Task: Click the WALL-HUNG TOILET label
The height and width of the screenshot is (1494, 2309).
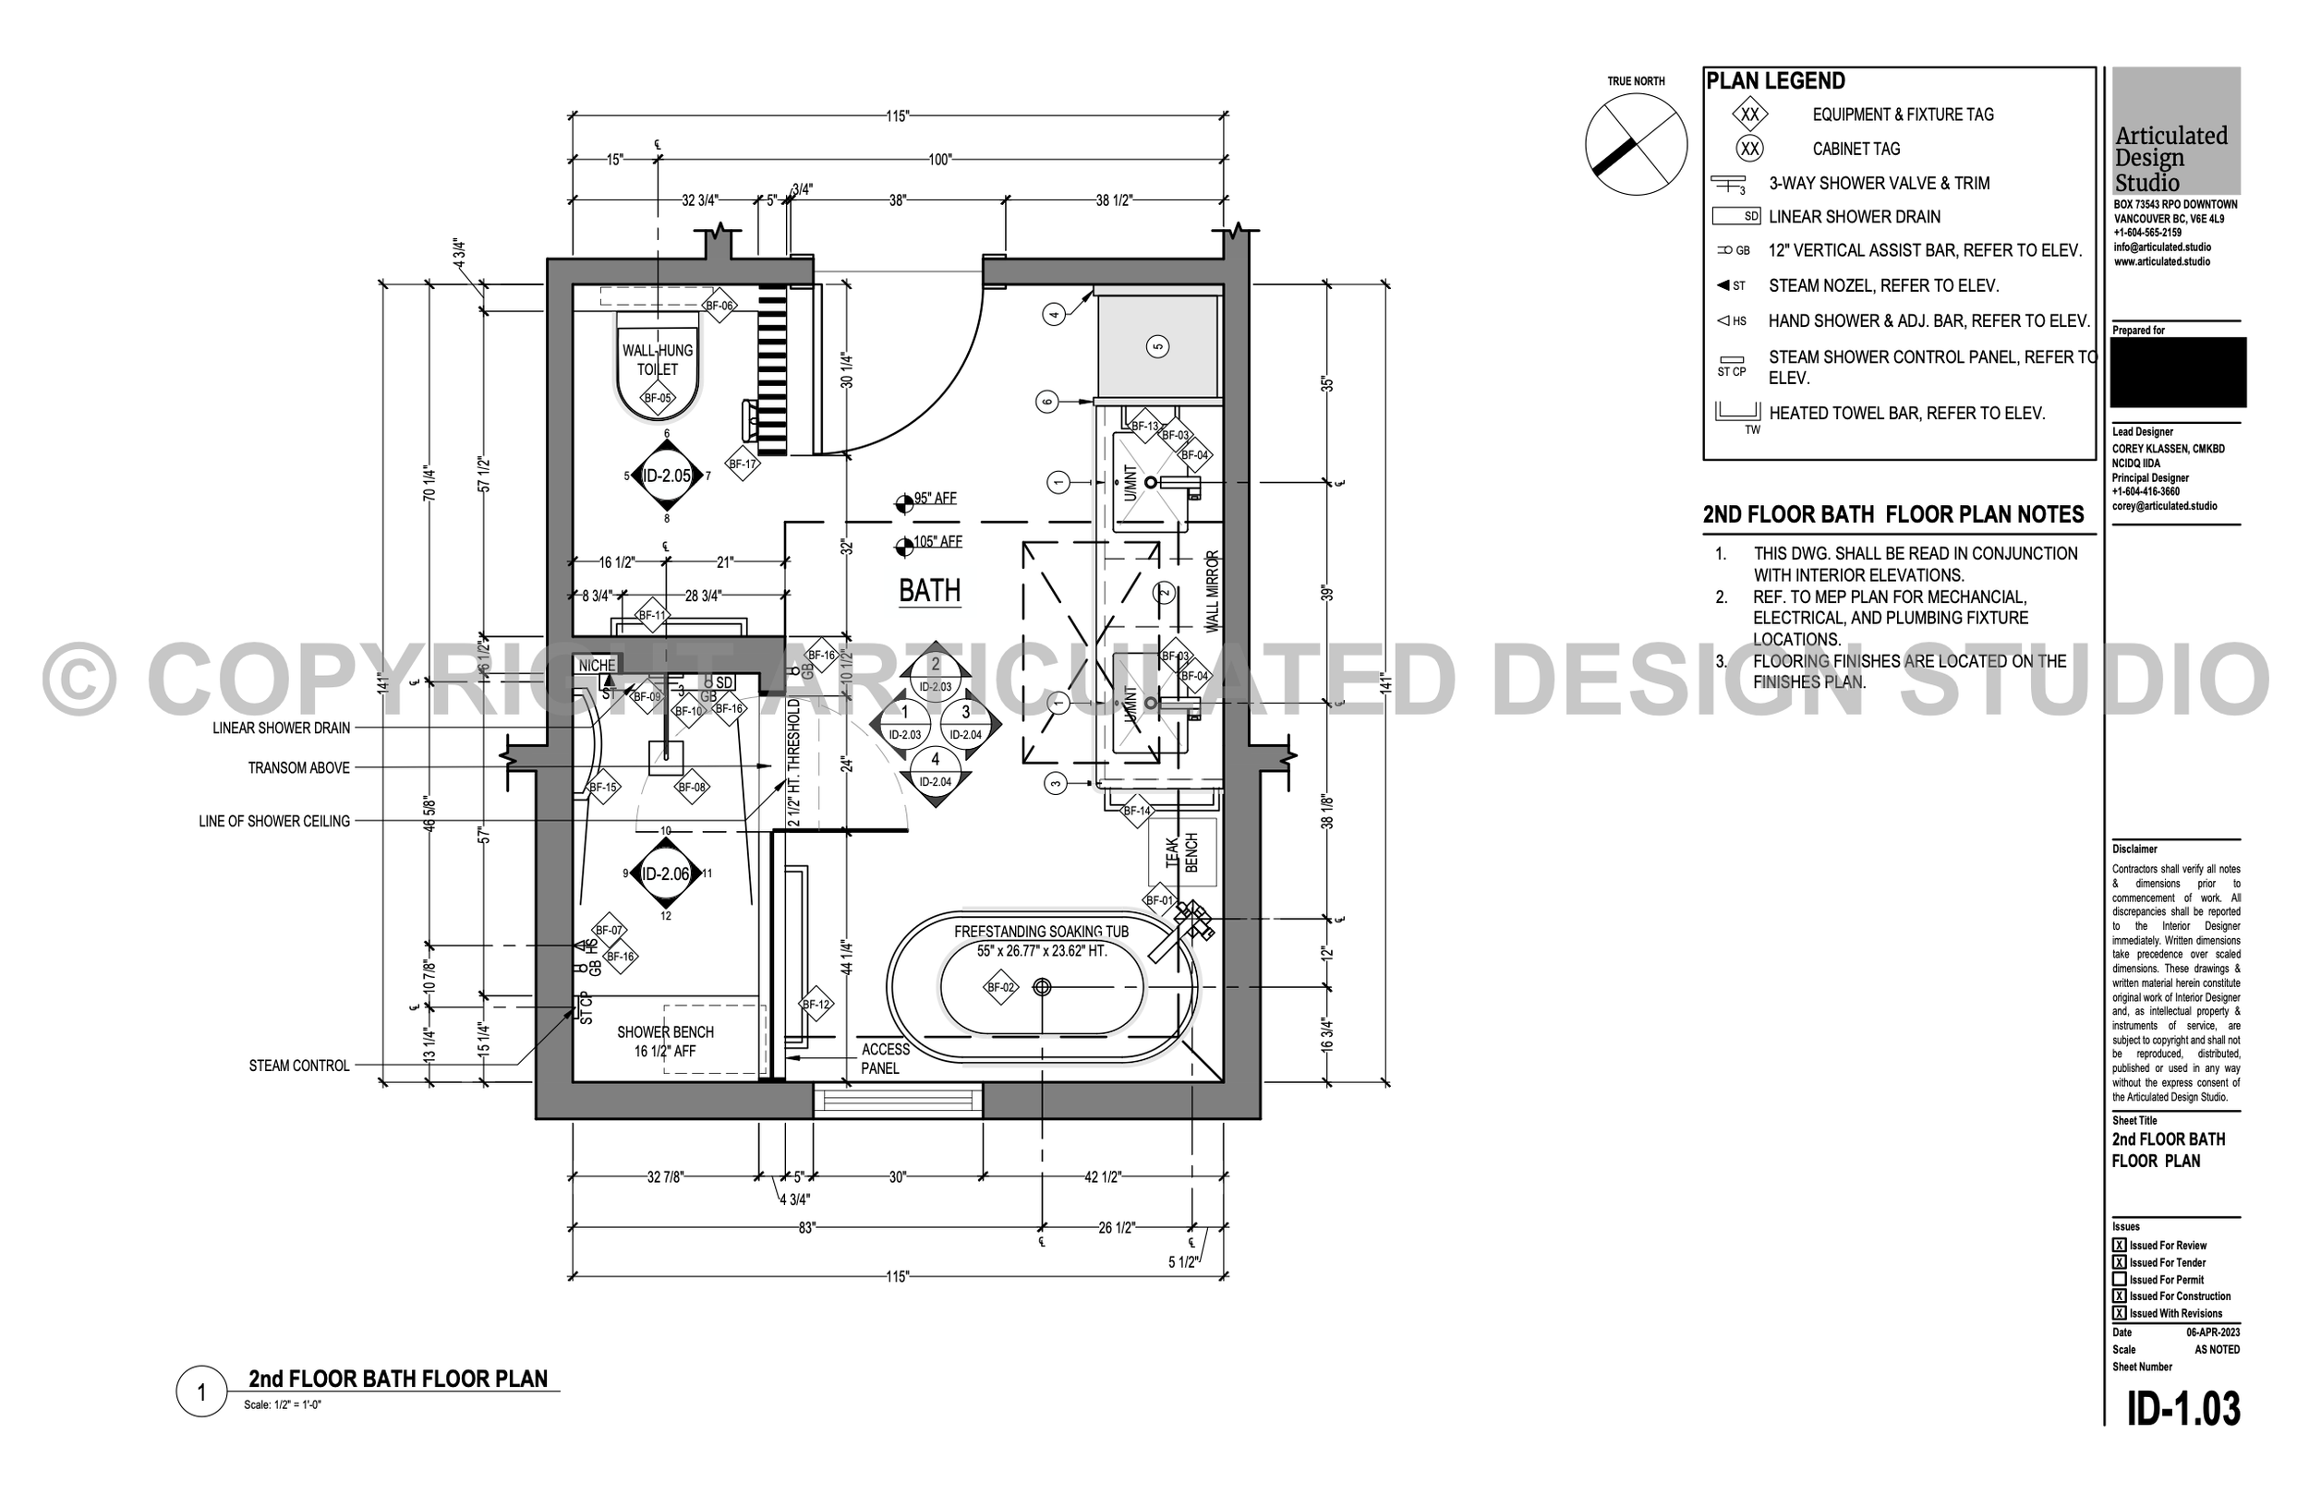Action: tap(658, 360)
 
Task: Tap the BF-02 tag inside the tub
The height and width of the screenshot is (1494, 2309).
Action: tap(1000, 988)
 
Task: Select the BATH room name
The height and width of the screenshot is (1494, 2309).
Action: tap(929, 591)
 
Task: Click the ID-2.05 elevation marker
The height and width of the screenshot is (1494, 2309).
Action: tap(667, 476)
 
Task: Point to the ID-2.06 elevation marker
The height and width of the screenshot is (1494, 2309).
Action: tap(666, 874)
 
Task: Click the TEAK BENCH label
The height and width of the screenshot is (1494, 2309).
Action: tap(1181, 853)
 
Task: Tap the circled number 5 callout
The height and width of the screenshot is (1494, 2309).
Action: tap(1156, 346)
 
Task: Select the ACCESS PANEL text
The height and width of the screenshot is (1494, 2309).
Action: tap(885, 1058)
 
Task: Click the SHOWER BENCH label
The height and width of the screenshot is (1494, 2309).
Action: tap(666, 1041)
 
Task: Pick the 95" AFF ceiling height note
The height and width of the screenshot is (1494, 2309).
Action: tap(934, 499)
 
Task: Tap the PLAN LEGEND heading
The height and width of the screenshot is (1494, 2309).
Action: tap(1775, 81)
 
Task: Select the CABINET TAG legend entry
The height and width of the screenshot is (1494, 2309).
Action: tap(1856, 149)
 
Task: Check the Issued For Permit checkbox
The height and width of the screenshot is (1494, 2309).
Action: tap(2120, 1280)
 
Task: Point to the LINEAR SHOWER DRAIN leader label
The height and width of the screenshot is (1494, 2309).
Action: tap(282, 728)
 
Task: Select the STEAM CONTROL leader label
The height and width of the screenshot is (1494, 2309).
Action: tap(299, 1066)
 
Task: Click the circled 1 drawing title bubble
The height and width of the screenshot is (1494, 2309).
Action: tap(200, 1392)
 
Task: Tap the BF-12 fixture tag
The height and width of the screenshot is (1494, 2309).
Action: tap(816, 1005)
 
